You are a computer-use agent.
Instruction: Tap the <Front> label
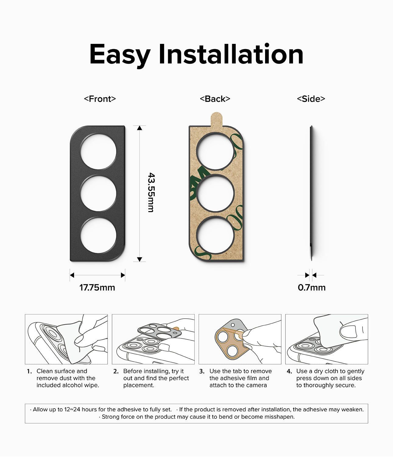pyautogui.click(x=100, y=99)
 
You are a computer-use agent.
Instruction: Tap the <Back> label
pyautogui.click(x=215, y=99)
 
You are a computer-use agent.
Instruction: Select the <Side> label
pyautogui.click(x=311, y=99)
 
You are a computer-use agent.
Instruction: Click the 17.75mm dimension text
pyautogui.click(x=97, y=287)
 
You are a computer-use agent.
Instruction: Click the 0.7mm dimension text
pyautogui.click(x=311, y=287)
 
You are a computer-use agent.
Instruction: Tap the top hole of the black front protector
pyautogui.click(x=98, y=151)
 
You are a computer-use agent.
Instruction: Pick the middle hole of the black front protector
pyautogui.click(x=98, y=193)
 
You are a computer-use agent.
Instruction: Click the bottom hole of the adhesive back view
pyautogui.click(x=215, y=235)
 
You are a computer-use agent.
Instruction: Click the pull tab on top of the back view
pyautogui.click(x=216, y=119)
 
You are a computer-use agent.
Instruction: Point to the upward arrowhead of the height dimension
pyautogui.click(x=140, y=128)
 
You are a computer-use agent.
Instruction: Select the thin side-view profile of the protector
pyautogui.click(x=311, y=192)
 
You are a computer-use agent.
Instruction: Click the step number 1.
pyautogui.click(x=29, y=371)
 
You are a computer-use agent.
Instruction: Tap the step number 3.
pyautogui.click(x=202, y=371)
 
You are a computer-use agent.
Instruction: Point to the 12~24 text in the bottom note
pyautogui.click(x=72, y=409)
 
